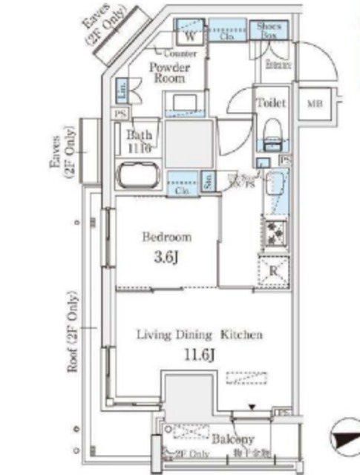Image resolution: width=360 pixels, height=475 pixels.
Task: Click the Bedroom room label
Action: pyautogui.click(x=167, y=237)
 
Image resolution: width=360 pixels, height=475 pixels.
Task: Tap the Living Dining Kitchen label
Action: pyautogui.click(x=200, y=335)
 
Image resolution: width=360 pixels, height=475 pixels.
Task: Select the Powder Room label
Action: pyautogui.click(x=168, y=73)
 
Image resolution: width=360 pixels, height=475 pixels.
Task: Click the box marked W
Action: pyautogui.click(x=190, y=34)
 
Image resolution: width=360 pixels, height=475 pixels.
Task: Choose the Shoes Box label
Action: pyautogui.click(x=268, y=30)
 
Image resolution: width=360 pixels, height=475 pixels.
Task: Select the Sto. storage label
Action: pyautogui.click(x=209, y=180)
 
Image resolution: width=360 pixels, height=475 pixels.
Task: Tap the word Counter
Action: pyautogui.click(x=180, y=54)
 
